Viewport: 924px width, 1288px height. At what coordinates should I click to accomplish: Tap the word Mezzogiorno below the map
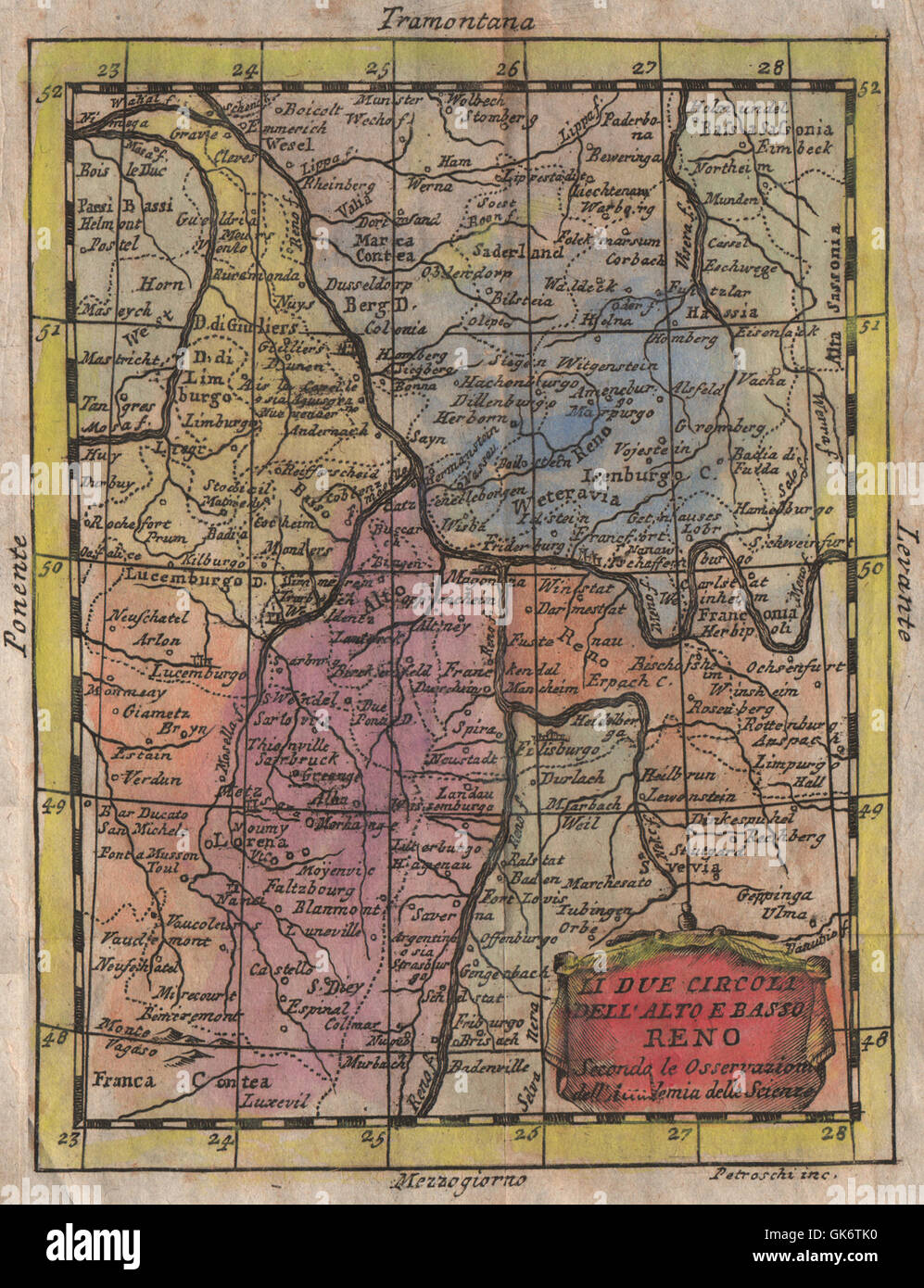[461, 1181]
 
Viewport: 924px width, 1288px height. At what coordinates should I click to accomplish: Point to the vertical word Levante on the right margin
[904, 581]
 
